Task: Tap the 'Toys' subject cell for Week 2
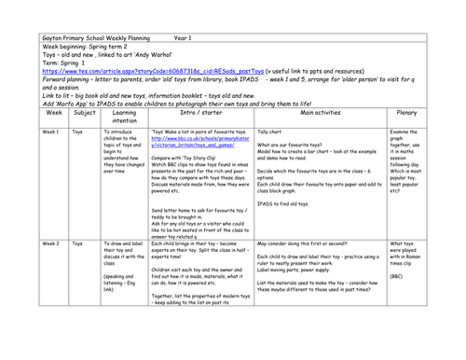(77, 242)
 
